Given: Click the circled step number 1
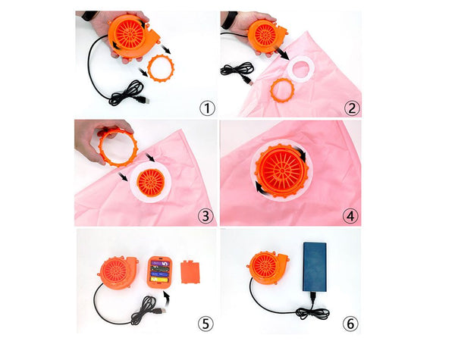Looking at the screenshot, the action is [x=207, y=108].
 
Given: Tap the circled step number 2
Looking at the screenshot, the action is [x=352, y=108].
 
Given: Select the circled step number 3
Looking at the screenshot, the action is [x=206, y=216].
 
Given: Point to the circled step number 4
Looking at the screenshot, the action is [x=350, y=216].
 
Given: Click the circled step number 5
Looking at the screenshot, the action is [x=206, y=324].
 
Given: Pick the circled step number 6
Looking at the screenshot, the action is [x=350, y=324].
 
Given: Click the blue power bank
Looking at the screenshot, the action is [x=315, y=267].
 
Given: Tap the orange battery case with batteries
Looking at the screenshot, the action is [x=159, y=272].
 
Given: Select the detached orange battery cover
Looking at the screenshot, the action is [x=190, y=271].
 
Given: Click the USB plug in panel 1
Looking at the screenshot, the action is [x=143, y=100].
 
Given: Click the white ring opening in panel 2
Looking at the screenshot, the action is [x=301, y=70].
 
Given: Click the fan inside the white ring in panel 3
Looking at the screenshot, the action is [x=151, y=183].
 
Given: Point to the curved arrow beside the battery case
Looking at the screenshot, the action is [x=167, y=302].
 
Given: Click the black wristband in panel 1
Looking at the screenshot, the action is [x=89, y=15].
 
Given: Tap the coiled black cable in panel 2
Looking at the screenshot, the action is [x=237, y=70].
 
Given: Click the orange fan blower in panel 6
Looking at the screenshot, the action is [x=267, y=268].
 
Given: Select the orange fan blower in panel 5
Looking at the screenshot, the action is [x=118, y=273].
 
